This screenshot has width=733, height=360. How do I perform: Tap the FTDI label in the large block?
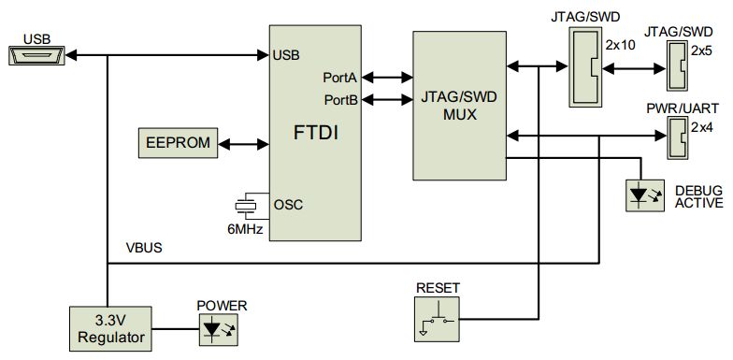point(314,133)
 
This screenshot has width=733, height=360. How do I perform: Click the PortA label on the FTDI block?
point(339,78)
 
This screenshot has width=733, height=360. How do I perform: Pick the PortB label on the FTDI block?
point(339,98)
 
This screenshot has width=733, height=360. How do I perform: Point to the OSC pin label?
point(286,204)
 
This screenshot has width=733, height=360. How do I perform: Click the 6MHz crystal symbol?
point(247,205)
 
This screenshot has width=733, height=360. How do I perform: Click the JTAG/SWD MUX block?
point(459,105)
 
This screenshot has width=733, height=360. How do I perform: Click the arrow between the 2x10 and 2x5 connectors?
point(632,68)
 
